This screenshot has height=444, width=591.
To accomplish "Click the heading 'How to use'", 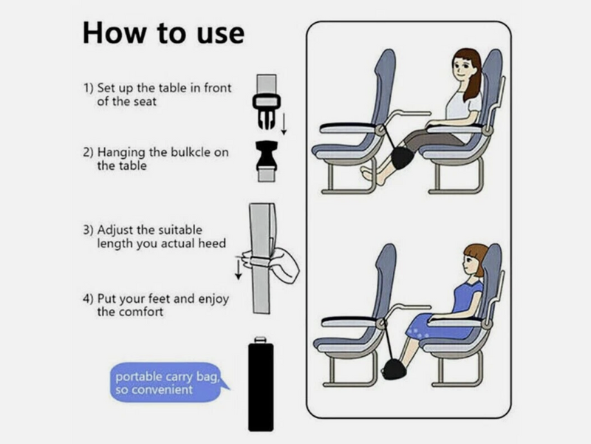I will click(163, 33).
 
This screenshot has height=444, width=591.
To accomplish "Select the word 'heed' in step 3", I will click(212, 243).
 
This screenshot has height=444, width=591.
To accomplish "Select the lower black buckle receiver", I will click(264, 157).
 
